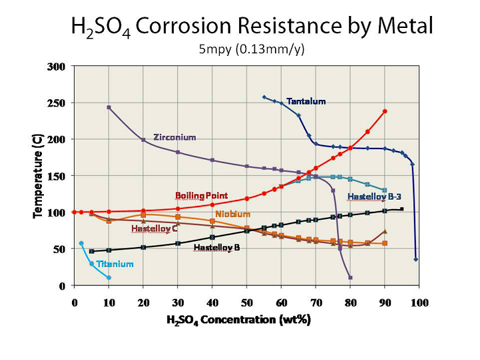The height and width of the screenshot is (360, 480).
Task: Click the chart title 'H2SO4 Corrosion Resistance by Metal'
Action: pyautogui.click(x=252, y=27)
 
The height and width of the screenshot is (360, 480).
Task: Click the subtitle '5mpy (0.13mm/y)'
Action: pyautogui.click(x=252, y=49)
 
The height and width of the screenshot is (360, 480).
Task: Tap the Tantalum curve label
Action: pyautogui.click(x=306, y=102)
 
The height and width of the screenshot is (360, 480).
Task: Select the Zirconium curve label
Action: pyautogui.click(x=174, y=138)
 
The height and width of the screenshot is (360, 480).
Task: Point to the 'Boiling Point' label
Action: pyautogui.click(x=201, y=196)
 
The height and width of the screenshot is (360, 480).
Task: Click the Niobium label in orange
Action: pyautogui.click(x=232, y=214)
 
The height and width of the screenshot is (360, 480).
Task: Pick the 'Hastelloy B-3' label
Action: pyautogui.click(x=374, y=197)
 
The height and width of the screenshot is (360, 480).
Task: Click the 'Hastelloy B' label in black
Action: pyautogui.click(x=216, y=248)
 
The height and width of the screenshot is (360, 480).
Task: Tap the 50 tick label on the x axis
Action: pyautogui.click(x=246, y=301)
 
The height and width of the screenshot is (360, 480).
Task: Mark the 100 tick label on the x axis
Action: pyautogui.click(x=419, y=301)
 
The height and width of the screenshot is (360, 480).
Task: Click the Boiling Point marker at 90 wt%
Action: pyautogui.click(x=385, y=111)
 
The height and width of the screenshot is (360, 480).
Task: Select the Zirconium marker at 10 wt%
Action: pyautogui.click(x=109, y=107)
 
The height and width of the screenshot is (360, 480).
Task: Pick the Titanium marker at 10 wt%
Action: pyautogui.click(x=109, y=277)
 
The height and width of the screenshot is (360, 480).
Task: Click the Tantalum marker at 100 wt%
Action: pyautogui.click(x=416, y=260)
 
